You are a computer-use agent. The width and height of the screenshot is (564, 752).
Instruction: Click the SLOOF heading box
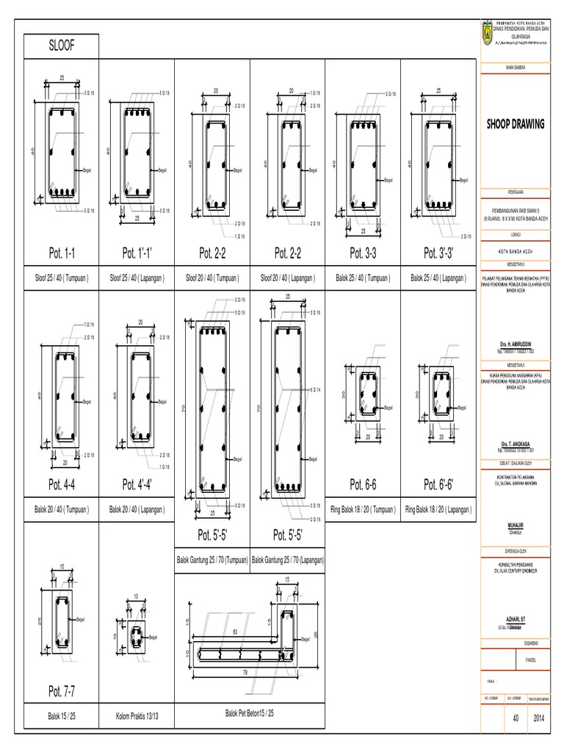(x=62, y=46)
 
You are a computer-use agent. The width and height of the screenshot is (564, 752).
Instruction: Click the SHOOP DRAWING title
(x=515, y=124)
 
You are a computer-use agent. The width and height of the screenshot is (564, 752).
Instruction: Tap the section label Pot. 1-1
(x=62, y=253)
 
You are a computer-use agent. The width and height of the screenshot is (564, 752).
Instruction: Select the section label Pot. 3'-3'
(x=438, y=253)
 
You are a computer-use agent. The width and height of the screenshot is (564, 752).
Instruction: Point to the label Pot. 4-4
(x=62, y=485)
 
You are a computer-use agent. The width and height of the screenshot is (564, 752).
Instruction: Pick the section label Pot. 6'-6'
(x=438, y=485)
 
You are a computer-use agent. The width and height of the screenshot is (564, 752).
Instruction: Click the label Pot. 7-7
(x=62, y=692)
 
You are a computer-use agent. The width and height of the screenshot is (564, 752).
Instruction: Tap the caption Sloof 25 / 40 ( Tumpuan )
(x=62, y=279)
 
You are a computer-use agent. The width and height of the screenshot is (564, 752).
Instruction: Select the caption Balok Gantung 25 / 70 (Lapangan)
(x=288, y=560)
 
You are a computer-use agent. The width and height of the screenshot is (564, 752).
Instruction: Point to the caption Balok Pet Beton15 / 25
(x=251, y=713)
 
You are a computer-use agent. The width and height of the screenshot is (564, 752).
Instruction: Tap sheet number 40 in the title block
(x=516, y=717)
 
